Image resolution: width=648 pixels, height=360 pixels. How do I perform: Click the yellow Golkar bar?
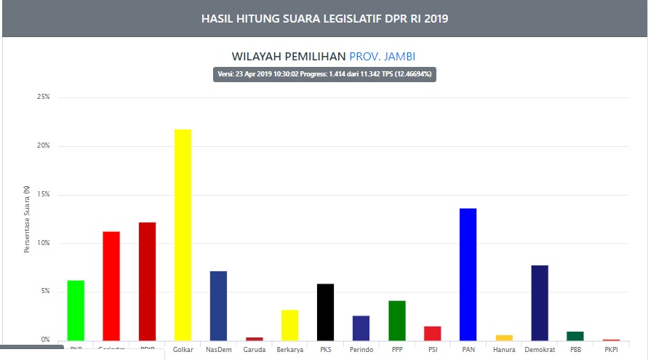pos(183,234)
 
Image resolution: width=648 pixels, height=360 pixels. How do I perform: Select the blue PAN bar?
pos(468,274)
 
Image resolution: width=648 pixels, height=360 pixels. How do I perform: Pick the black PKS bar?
pos(325,311)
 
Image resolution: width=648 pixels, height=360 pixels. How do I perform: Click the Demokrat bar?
pos(539,303)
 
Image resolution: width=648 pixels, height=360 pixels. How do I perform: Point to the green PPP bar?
pos(396,320)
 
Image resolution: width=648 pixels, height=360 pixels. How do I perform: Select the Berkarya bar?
pos(289,324)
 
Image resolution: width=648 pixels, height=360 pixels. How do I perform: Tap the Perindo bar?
pos(361,327)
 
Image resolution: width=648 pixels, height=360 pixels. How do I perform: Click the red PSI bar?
pos(432,332)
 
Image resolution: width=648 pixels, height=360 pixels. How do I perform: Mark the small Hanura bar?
pos(503,337)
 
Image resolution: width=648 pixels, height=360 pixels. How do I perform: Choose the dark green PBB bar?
pos(575,335)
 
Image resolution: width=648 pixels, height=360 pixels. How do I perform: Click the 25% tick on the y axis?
pos(44,97)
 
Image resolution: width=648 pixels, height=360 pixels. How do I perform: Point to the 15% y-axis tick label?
pos(44,194)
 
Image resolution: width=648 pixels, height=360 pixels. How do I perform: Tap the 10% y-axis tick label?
pos(44,243)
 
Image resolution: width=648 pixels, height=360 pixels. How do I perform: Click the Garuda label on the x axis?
pos(254,350)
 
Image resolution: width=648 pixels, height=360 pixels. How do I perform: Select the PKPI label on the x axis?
pos(611,350)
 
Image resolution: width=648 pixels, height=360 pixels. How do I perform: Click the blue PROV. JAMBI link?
pos(383,57)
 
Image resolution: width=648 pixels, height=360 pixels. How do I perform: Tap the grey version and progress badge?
pos(324,74)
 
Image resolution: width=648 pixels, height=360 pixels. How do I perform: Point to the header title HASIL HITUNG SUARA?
pos(324,18)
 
